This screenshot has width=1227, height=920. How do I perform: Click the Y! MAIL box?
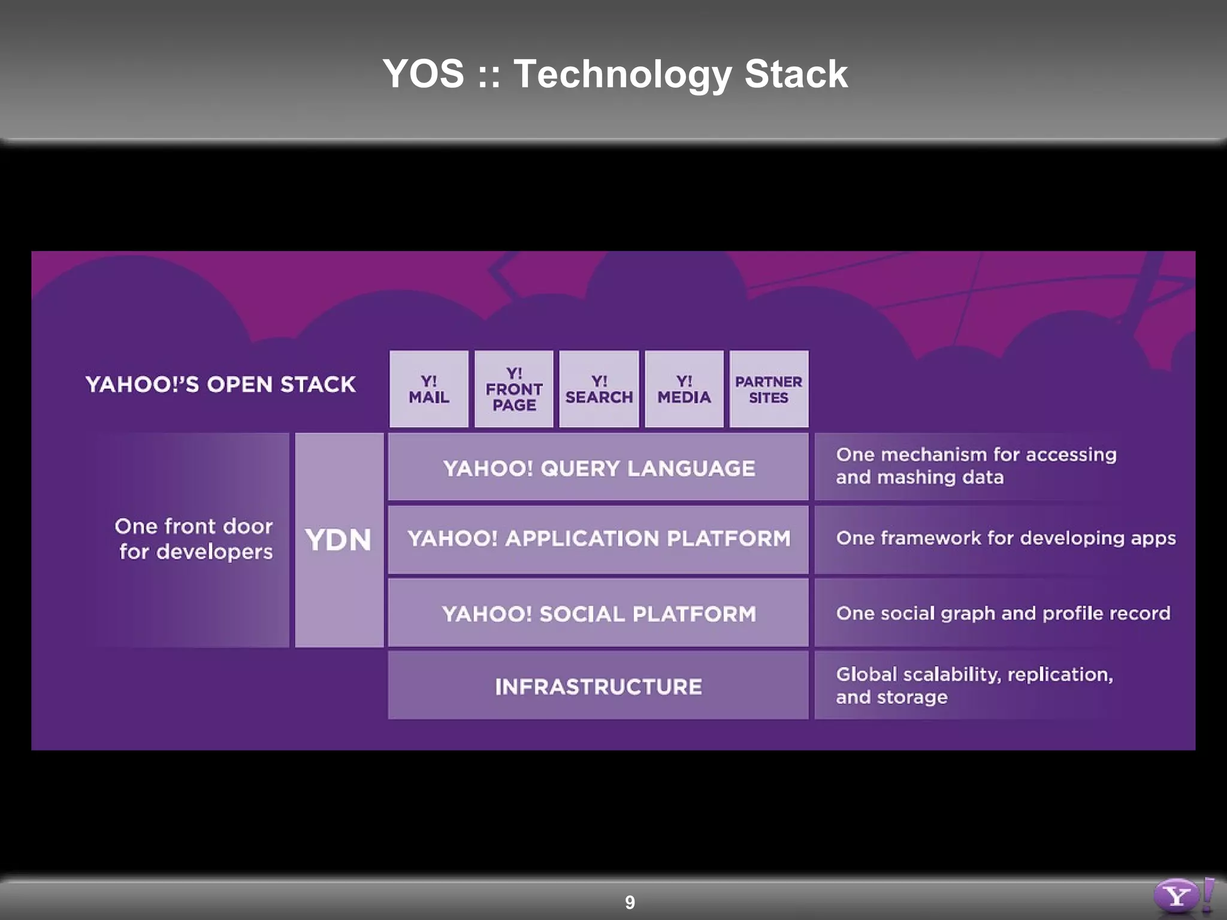pyautogui.click(x=429, y=389)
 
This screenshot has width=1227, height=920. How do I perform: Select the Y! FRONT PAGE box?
pyautogui.click(x=514, y=389)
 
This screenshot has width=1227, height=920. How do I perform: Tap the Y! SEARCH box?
pyautogui.click(x=599, y=389)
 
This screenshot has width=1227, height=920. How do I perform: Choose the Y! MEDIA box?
pyautogui.click(x=684, y=389)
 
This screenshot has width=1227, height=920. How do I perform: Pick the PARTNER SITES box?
pyautogui.click(x=769, y=389)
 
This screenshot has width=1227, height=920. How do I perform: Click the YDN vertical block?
pyautogui.click(x=339, y=540)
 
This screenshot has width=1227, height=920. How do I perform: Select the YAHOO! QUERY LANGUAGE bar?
pyautogui.click(x=599, y=468)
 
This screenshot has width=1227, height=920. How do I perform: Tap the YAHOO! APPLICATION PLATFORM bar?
pyautogui.click(x=599, y=538)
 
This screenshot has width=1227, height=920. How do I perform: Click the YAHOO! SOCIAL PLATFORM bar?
pyautogui.click(x=599, y=613)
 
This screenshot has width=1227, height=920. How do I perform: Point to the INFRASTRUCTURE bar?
pyautogui.click(x=599, y=686)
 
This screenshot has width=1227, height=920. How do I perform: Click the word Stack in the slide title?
pyautogui.click(x=796, y=74)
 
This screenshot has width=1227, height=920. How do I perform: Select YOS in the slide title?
pyautogui.click(x=423, y=74)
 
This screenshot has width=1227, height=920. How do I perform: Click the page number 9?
pyautogui.click(x=630, y=902)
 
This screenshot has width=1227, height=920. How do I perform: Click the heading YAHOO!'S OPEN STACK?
pyautogui.click(x=220, y=385)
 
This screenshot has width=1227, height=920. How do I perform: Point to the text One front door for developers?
pyautogui.click(x=194, y=539)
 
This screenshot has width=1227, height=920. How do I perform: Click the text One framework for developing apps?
pyautogui.click(x=1006, y=538)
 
